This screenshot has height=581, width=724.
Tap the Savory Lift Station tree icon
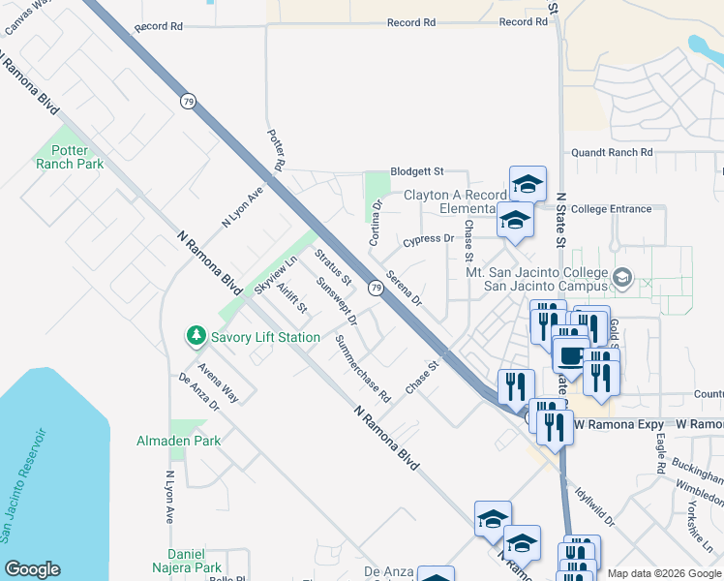tap(196, 336)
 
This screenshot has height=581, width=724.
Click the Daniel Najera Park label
tap(185, 561)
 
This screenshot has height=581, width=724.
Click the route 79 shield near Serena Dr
tap(374, 287)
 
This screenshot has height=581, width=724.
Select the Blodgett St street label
tap(416, 171)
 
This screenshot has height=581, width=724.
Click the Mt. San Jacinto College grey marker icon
tap(622, 279)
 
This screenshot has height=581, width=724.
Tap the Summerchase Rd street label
tap(362, 368)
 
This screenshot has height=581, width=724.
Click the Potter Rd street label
tap(275, 150)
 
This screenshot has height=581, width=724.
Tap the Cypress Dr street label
tap(429, 238)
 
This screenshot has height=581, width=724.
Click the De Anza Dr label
tap(199, 393)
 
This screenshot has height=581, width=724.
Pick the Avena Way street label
tap(219, 382)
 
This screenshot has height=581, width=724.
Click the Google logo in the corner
tap(33, 570)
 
